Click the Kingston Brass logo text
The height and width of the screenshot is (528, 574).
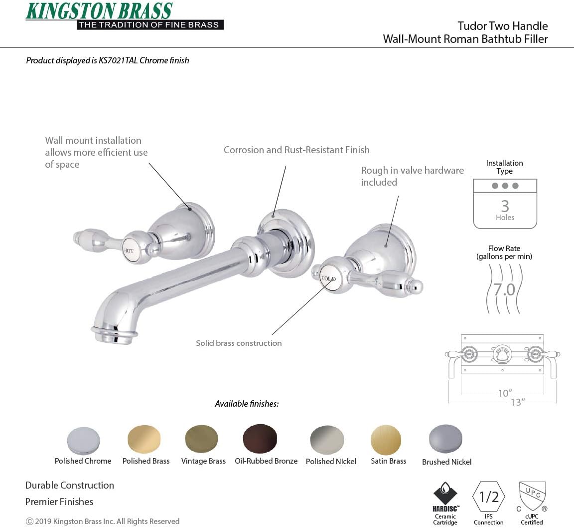click(99, 11)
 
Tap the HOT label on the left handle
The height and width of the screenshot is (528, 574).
click(129, 251)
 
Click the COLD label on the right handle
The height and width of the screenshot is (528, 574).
click(328, 279)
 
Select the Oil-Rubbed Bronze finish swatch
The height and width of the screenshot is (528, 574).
click(260, 439)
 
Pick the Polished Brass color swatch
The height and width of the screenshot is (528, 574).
click(144, 439)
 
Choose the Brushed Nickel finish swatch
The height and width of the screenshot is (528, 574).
click(445, 439)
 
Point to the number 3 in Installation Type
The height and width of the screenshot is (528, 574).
click(505, 206)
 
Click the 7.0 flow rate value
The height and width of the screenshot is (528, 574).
click(504, 289)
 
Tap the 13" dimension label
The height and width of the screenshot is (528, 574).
click(517, 402)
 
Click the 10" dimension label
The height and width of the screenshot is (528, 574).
click(505, 393)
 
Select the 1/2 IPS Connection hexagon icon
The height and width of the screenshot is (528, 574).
click(488, 497)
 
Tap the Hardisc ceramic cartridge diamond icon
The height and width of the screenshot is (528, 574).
click(445, 494)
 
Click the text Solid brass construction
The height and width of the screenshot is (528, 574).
click(239, 343)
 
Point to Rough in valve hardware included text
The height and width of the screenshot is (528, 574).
click(412, 176)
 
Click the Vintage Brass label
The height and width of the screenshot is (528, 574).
click(203, 461)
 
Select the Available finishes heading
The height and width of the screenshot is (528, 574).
click(247, 404)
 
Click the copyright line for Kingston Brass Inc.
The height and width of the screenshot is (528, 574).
click(103, 521)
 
